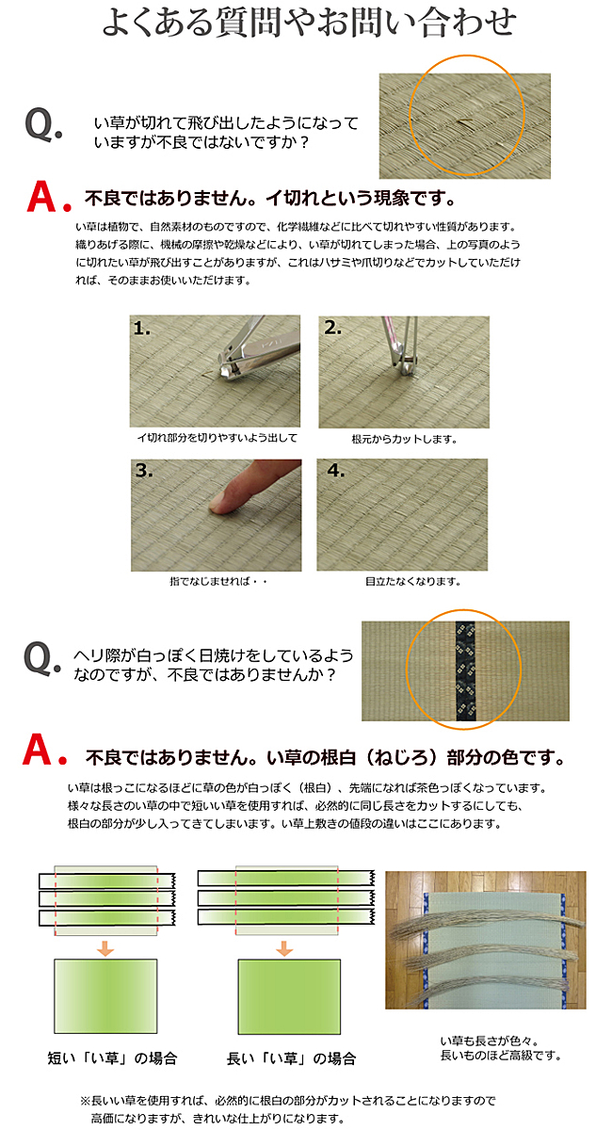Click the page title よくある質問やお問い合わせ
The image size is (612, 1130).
click(x=309, y=23)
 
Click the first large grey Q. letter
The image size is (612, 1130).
click(x=43, y=124)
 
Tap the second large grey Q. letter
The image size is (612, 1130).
click(x=42, y=658)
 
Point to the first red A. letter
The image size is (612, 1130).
click(x=49, y=197)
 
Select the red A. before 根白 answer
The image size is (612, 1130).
click(x=45, y=750)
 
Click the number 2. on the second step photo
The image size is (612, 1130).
click(x=332, y=328)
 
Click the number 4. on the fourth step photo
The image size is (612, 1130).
click(x=336, y=471)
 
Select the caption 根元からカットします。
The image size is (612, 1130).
click(x=404, y=440)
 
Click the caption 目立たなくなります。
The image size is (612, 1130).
click(x=412, y=582)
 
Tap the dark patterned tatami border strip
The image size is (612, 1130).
click(x=465, y=670)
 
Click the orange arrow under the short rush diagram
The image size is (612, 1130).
click(x=105, y=948)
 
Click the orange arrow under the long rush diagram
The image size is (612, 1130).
click(x=284, y=948)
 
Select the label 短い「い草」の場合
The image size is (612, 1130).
click(x=112, y=1057)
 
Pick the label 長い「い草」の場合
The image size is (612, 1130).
click(x=291, y=1057)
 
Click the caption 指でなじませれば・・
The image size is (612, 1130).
click(x=218, y=582)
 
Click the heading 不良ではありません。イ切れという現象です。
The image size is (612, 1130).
click(x=269, y=199)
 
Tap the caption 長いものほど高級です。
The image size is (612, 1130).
click(x=501, y=1055)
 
